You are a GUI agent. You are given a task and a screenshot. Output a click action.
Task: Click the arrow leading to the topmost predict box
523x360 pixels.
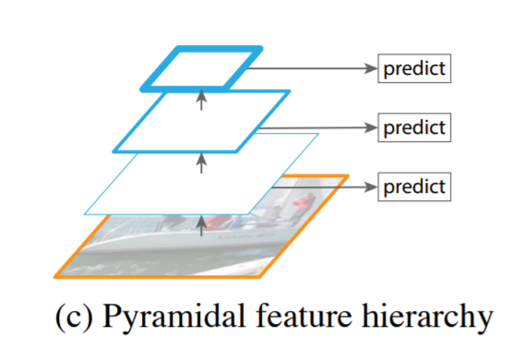[314, 68]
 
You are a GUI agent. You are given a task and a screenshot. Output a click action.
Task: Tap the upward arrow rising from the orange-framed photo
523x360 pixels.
[202, 222]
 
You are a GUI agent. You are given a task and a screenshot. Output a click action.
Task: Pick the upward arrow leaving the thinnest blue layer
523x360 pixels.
[202, 163]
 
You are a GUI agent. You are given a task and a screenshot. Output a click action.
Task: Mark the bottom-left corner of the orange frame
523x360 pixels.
[56, 275]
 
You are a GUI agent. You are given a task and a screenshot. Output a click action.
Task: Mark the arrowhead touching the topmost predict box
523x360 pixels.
[371, 68]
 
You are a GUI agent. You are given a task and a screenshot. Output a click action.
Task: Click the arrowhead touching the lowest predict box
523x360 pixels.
[371, 186]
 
